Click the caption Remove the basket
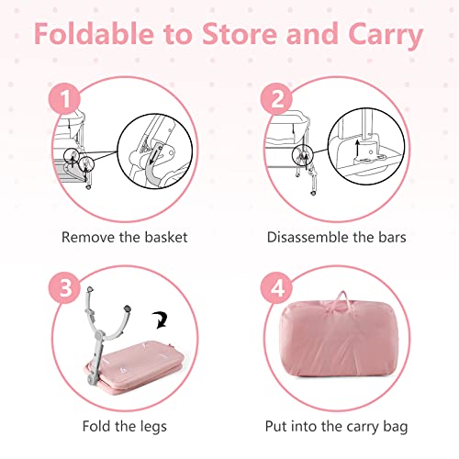click(x=124, y=237)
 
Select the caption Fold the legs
click(x=124, y=426)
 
